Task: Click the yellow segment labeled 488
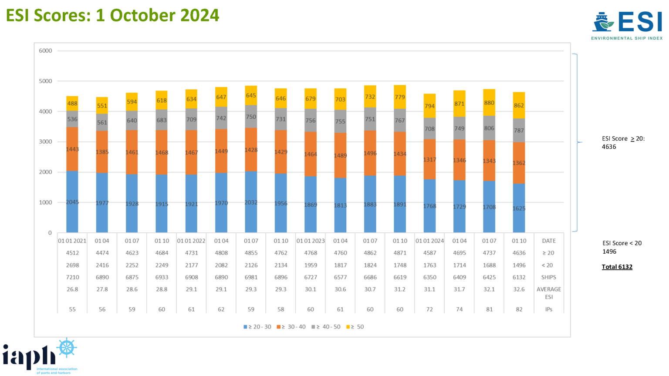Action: point(72,104)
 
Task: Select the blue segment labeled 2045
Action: point(72,202)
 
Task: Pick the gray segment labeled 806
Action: point(489,128)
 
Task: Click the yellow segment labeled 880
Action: point(489,103)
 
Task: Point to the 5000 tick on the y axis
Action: point(45,81)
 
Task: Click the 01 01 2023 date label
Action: point(311,241)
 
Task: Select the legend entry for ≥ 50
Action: point(355,327)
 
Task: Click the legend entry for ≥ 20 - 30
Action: point(257,327)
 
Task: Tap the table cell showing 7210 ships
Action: point(72,277)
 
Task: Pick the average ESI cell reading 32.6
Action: point(519,289)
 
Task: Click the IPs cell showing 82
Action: point(519,309)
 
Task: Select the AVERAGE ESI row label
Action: point(549,293)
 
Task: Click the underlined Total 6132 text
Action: point(617,267)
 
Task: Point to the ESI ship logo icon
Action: point(603,22)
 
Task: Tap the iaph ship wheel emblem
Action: point(67,348)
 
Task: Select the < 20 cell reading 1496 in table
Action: point(519,265)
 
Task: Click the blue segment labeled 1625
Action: point(519,208)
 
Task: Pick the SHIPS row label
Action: point(549,277)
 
